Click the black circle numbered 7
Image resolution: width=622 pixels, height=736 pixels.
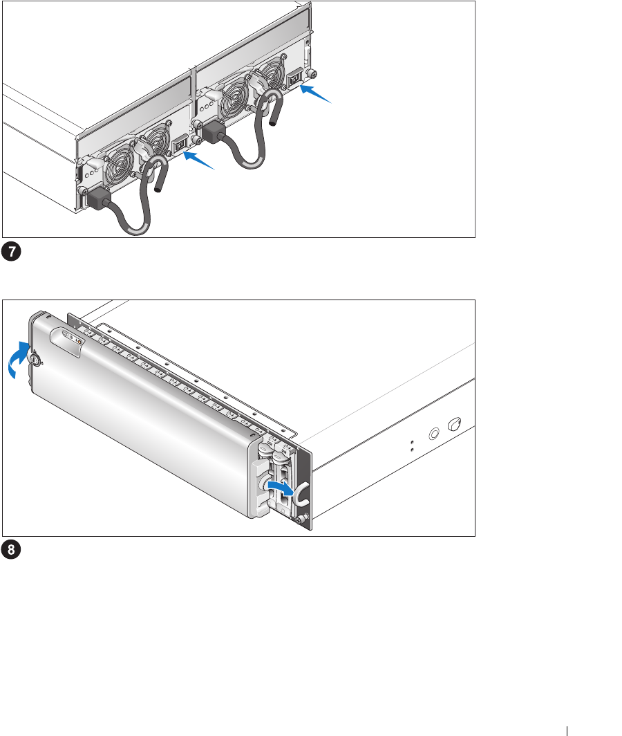[11, 252]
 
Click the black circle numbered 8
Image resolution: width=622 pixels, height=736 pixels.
[11, 550]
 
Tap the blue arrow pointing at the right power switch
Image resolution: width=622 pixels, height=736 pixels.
[315, 93]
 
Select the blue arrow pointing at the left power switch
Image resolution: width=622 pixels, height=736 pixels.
[198, 160]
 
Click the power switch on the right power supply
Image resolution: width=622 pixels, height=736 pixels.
[296, 79]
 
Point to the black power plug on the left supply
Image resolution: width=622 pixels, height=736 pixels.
[98, 199]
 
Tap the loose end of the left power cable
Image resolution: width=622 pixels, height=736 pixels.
[158, 189]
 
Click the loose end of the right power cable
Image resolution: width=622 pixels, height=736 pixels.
[273, 123]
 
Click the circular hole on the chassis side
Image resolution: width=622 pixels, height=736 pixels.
[434, 434]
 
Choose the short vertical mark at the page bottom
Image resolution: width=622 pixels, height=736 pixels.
[567, 731]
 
